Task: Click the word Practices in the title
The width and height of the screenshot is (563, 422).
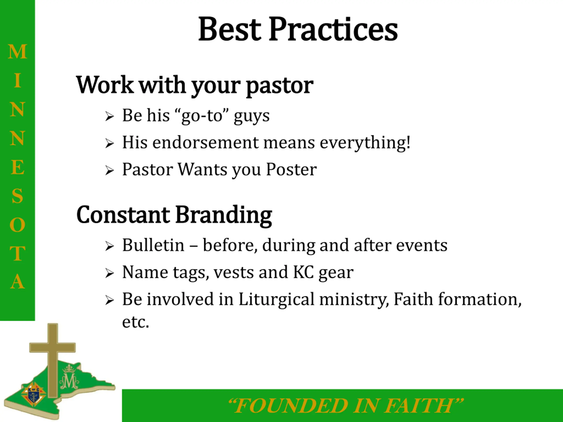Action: (x=333, y=29)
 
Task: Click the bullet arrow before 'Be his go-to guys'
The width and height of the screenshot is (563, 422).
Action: (x=110, y=116)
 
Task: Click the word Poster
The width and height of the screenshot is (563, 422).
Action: (x=291, y=169)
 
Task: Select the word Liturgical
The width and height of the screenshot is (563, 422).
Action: (x=276, y=300)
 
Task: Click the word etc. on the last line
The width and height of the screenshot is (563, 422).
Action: (x=135, y=322)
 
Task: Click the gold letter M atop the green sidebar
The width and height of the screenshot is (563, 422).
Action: (x=17, y=52)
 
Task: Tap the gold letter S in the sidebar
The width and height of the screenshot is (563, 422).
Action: (x=17, y=196)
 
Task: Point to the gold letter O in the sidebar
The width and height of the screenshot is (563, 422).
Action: (x=17, y=225)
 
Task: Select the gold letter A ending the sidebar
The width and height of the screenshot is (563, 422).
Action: (x=17, y=281)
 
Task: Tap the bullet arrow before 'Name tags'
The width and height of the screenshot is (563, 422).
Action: (x=110, y=273)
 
